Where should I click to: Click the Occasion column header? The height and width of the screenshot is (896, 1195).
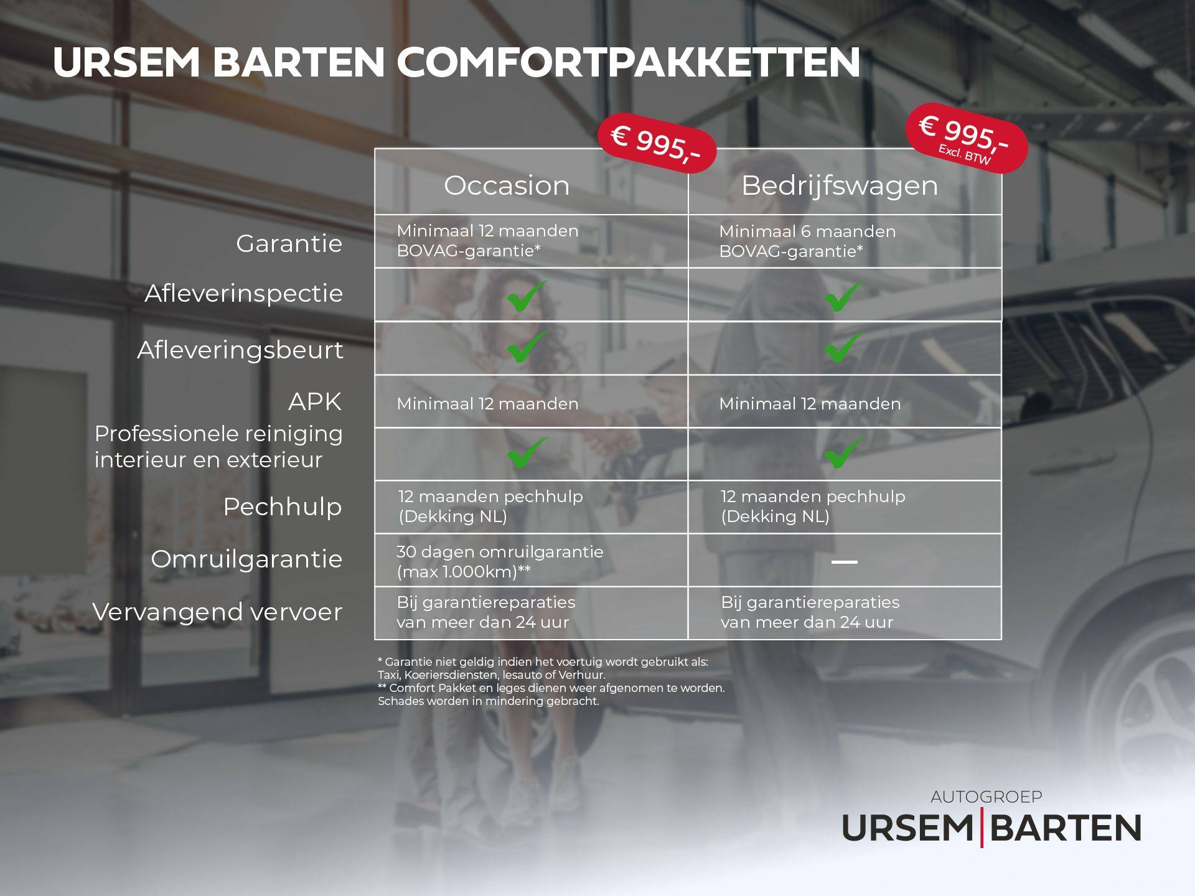tap(507, 185)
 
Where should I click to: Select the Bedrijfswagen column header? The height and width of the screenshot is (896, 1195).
tap(840, 185)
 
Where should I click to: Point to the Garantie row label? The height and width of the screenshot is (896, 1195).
tap(289, 243)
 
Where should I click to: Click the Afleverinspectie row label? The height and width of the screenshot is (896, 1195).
tap(244, 293)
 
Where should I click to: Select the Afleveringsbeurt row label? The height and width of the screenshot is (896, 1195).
tap(240, 350)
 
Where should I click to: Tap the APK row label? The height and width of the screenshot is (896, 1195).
tap(315, 402)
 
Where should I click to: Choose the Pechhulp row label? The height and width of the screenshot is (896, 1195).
tap(283, 507)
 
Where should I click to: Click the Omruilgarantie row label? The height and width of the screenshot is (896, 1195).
tap(246, 559)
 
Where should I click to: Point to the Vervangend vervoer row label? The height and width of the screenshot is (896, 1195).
tap(217, 612)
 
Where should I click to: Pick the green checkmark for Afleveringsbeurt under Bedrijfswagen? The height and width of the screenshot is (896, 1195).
tap(844, 347)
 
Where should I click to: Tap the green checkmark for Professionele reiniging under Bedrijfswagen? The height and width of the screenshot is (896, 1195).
tap(844, 452)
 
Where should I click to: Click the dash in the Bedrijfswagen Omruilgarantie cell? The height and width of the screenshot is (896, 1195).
tap(845, 562)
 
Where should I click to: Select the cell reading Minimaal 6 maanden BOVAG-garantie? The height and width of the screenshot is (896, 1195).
tap(845, 241)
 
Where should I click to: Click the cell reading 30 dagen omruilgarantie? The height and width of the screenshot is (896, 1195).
tap(531, 561)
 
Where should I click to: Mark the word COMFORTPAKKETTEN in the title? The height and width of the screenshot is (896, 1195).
tap(629, 62)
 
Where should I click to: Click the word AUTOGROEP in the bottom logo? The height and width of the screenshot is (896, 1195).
tap(986, 796)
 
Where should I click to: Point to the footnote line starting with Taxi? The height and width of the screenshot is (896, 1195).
tap(491, 674)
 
